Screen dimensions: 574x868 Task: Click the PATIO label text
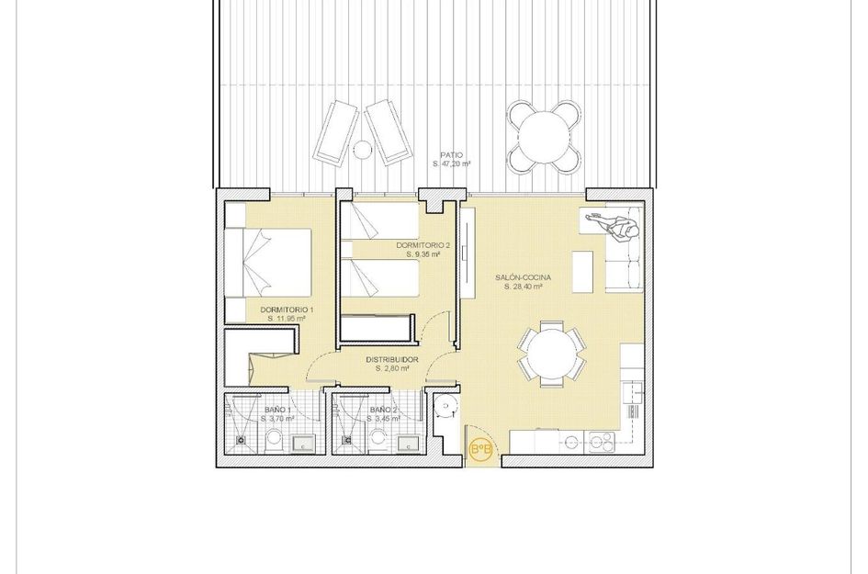451,155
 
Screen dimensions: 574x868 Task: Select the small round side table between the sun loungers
363,149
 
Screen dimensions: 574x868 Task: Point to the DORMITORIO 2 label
423,245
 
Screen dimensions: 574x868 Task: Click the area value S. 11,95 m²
287,319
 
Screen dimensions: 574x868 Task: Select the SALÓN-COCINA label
523,277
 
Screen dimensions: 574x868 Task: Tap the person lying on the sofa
614,223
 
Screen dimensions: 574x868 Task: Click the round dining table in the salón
552,352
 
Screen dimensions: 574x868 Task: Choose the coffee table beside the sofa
582,271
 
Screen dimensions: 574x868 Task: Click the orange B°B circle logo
480,449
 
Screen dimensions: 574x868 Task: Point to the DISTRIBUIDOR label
392,359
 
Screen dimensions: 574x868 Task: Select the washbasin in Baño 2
405,445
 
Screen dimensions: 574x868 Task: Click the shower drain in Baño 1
242,441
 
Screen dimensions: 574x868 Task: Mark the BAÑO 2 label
383,410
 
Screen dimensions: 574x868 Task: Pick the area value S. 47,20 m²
451,164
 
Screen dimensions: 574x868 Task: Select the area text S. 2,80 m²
392,368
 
